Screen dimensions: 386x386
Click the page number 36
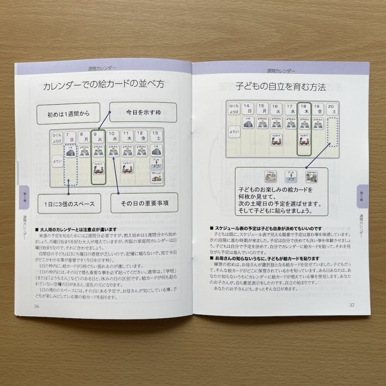(37, 306)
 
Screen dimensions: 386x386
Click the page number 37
(352, 304)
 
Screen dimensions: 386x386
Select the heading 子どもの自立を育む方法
(281, 87)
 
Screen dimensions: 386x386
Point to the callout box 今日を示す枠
(137, 112)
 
